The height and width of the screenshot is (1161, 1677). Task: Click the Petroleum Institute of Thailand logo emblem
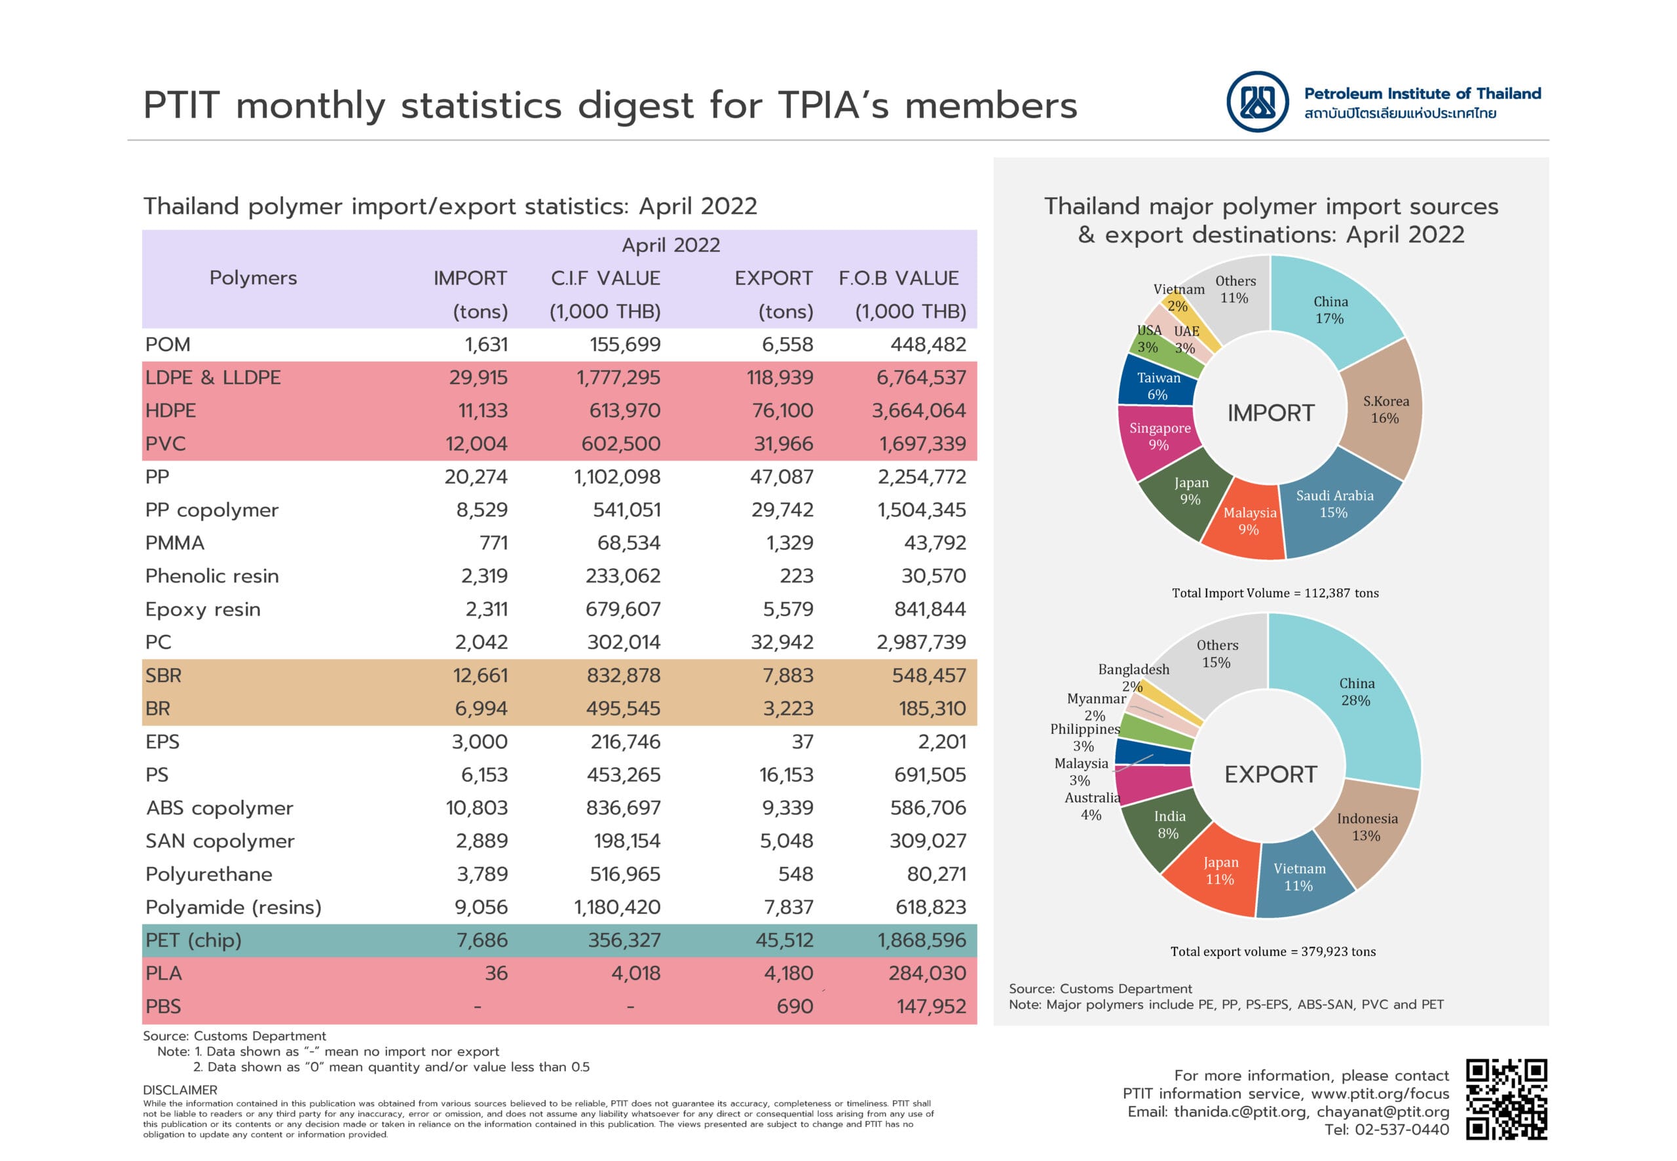tap(1256, 102)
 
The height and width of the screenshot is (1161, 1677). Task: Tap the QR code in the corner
tap(1505, 1099)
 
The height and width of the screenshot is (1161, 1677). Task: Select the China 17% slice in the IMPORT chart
tap(1330, 310)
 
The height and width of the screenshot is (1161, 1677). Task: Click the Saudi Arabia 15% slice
tap(1334, 504)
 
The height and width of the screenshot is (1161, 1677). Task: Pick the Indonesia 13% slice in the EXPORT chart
tap(1366, 827)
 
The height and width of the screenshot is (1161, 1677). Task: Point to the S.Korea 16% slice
tap(1385, 409)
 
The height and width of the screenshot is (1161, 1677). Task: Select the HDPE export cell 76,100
tap(783, 411)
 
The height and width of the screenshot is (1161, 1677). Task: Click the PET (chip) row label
tap(193, 941)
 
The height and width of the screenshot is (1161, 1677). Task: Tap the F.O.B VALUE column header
tap(898, 278)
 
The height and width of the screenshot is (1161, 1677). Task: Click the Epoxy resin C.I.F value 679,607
tap(622, 609)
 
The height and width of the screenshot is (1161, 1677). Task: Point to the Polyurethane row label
tap(209, 875)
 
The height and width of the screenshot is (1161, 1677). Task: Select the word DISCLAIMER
tap(179, 1090)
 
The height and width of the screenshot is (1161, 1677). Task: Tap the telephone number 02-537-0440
tap(1386, 1130)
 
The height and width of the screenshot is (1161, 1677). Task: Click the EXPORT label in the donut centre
tap(1270, 774)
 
